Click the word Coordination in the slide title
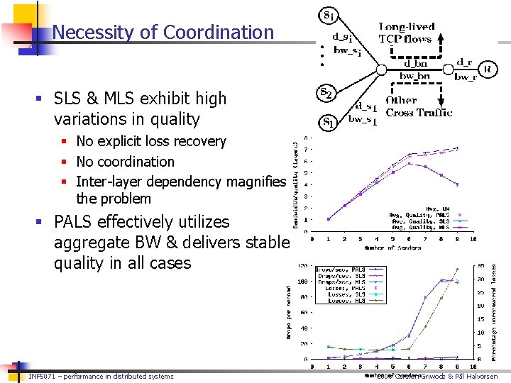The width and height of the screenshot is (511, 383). coord(219,33)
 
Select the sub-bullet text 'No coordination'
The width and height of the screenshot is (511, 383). coord(125,162)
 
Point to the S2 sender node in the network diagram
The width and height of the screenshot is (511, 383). coord(326,94)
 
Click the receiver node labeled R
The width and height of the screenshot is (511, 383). coord(487,69)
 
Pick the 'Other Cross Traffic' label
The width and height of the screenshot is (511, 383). coord(419,106)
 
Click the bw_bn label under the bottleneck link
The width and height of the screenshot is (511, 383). coord(414,76)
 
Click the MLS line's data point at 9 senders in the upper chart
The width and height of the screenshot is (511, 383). coord(458,184)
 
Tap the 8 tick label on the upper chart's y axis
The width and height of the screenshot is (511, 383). coord(306,138)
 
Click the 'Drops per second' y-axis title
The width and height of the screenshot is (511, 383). coord(290,311)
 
